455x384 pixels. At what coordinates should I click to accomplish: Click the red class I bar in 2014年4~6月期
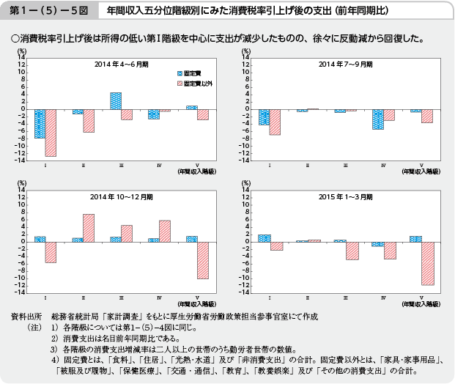tap(51, 133)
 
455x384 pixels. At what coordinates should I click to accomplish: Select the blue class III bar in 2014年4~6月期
tap(115, 101)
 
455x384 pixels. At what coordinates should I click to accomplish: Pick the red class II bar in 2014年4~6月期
tap(89, 121)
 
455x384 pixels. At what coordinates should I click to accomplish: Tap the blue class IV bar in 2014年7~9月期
tap(377, 119)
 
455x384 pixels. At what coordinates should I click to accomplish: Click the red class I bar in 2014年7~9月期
tap(275, 122)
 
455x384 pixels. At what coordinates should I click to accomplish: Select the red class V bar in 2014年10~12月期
tap(203, 259)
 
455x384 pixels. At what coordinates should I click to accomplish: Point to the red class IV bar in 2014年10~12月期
tap(165, 231)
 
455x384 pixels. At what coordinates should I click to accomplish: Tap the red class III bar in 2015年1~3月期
tap(352, 251)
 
